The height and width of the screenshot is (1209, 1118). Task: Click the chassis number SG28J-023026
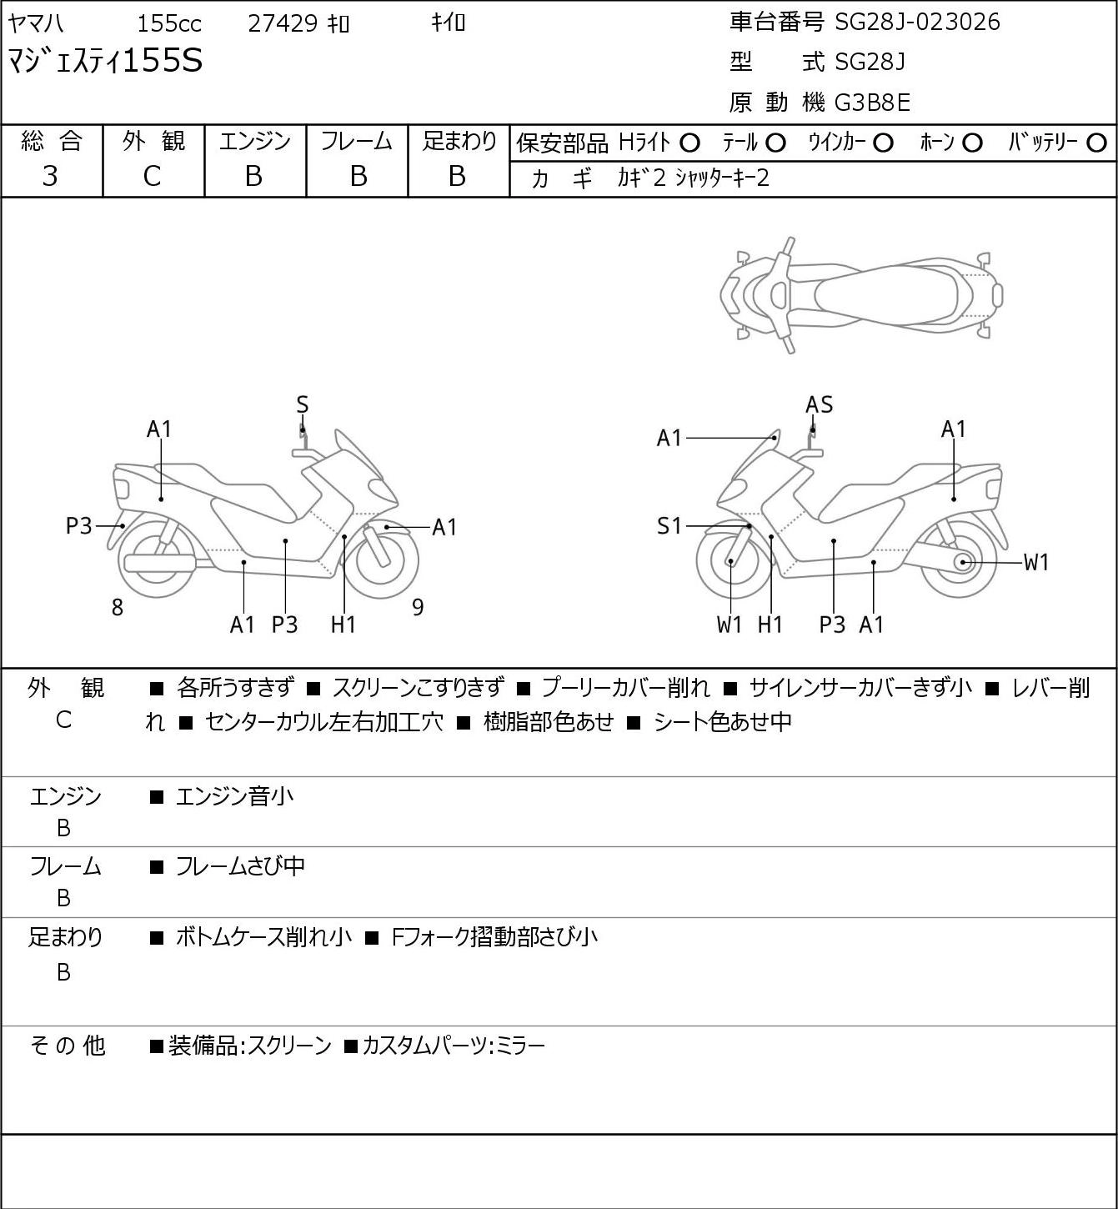tap(917, 23)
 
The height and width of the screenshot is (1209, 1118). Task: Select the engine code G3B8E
tap(872, 103)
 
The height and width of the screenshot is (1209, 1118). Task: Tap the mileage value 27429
tap(283, 23)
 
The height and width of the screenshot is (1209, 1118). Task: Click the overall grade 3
tap(50, 176)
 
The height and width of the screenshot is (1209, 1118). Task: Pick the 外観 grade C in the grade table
tap(152, 177)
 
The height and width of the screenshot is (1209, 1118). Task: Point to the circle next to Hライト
tap(689, 143)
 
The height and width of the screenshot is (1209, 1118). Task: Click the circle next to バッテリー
tap(1096, 143)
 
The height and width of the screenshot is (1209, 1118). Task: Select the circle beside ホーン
tap(972, 143)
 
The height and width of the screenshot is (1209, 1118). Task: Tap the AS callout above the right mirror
tap(819, 404)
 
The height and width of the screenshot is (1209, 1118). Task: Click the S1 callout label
tap(669, 525)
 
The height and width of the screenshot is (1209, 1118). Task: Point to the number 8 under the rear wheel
tap(118, 607)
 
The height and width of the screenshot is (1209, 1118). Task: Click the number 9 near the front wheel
tap(418, 607)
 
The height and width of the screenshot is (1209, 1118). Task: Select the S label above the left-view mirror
tap(303, 404)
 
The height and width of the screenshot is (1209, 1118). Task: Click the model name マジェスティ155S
tap(105, 62)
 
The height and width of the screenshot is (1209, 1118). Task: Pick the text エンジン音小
tap(234, 796)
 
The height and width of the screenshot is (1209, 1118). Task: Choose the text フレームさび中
tap(240, 866)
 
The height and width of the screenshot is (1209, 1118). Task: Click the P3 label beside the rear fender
tap(78, 525)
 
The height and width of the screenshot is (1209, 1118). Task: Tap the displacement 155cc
tap(169, 23)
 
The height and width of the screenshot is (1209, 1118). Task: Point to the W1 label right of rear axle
tap(1035, 563)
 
